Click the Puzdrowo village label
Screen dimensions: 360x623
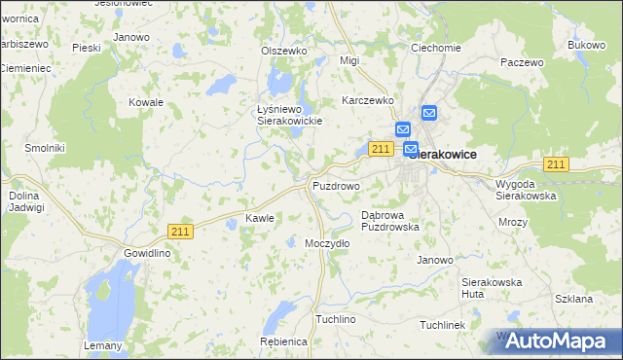point(336,185)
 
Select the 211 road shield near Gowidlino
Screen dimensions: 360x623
point(179,231)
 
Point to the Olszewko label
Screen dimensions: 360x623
point(284,51)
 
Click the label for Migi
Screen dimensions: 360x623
point(348,60)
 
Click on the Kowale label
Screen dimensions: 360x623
point(146,101)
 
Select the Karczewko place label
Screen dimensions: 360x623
point(367,99)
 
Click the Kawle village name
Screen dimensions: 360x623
point(260,218)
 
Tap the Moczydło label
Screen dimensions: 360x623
point(327,243)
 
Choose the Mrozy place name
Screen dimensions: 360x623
point(512,222)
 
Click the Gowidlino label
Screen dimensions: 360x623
point(147,253)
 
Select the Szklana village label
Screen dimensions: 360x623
point(572,300)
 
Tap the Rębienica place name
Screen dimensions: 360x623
point(284,342)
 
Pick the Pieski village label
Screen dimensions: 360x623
point(87,47)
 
